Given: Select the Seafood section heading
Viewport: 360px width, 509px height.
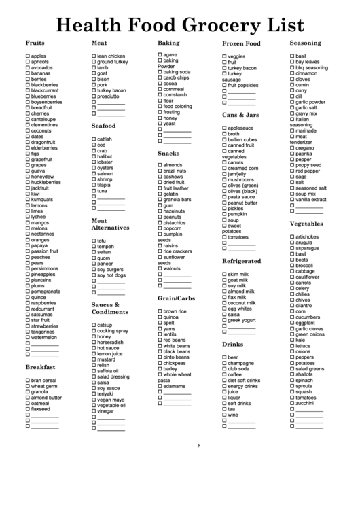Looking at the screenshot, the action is pyautogui.click(x=104, y=126).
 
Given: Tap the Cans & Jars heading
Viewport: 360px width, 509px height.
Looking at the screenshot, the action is pyautogui.click(x=240, y=115).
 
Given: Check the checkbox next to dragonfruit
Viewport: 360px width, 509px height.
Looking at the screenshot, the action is pyautogui.click(x=28, y=142).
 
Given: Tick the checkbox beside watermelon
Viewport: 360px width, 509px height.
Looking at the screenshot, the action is pyautogui.click(x=28, y=337).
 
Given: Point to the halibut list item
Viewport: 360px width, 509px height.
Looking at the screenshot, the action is pyautogui.click(x=105, y=156).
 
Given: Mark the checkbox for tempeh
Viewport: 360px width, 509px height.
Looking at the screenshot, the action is pyautogui.click(x=94, y=247).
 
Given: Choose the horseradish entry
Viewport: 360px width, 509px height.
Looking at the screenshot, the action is pyautogui.click(x=111, y=343).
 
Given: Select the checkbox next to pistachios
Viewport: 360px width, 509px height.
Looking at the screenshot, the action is pyautogui.click(x=160, y=222).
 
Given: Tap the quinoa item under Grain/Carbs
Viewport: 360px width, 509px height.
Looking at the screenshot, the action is pyautogui.click(x=171, y=317).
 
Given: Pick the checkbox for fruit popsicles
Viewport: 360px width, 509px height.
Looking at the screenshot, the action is pyautogui.click(x=224, y=85).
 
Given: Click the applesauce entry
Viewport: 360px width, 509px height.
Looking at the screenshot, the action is pyautogui.click(x=240, y=128).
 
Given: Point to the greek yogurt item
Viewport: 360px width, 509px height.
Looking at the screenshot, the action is pyautogui.click(x=242, y=320).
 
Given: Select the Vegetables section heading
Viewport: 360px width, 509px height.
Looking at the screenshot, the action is pyautogui.click(x=306, y=223).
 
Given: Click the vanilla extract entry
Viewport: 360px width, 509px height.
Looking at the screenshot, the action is pyautogui.click(x=311, y=200).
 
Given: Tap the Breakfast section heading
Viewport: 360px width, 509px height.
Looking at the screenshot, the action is pyautogui.click(x=40, y=367).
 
